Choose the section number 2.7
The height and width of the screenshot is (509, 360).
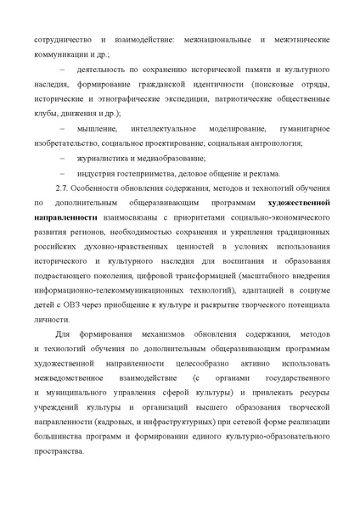60,188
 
